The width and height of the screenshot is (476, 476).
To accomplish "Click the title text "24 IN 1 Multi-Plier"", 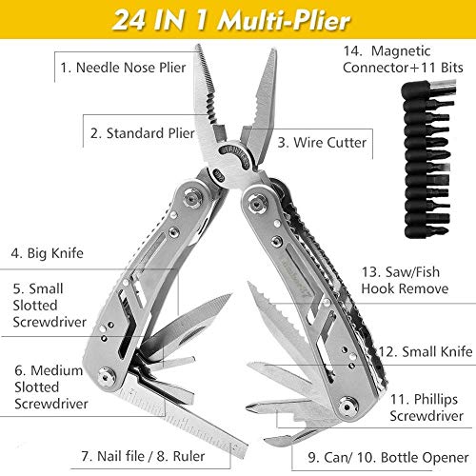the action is (x=231, y=20).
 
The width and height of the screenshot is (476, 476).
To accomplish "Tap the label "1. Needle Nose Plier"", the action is (x=123, y=68).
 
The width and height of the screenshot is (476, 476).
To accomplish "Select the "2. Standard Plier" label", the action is (x=142, y=133).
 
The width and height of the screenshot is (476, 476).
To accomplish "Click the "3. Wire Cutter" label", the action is (x=322, y=143).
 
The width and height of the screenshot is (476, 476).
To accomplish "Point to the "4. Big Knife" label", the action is (x=47, y=253).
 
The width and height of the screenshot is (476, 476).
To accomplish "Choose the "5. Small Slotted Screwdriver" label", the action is (x=50, y=306).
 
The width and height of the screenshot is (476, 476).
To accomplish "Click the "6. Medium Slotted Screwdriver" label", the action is (x=51, y=387).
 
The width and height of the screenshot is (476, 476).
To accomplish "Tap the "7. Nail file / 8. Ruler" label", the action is (x=143, y=456).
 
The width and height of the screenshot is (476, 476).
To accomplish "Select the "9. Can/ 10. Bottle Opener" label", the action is (x=388, y=457).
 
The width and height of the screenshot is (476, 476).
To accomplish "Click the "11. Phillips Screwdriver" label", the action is (x=426, y=407).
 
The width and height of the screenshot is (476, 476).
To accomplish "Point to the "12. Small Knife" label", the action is (x=426, y=351).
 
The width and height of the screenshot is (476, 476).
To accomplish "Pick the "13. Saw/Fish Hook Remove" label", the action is (x=405, y=280).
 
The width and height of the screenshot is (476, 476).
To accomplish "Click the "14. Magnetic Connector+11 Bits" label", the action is (x=403, y=59).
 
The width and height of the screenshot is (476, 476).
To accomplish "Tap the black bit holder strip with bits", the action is (x=427, y=159).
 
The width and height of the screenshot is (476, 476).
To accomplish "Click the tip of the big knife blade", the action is (x=232, y=294).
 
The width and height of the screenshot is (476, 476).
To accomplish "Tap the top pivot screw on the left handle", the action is (x=191, y=197).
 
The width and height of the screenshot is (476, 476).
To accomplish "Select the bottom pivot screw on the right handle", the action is (x=347, y=407).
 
